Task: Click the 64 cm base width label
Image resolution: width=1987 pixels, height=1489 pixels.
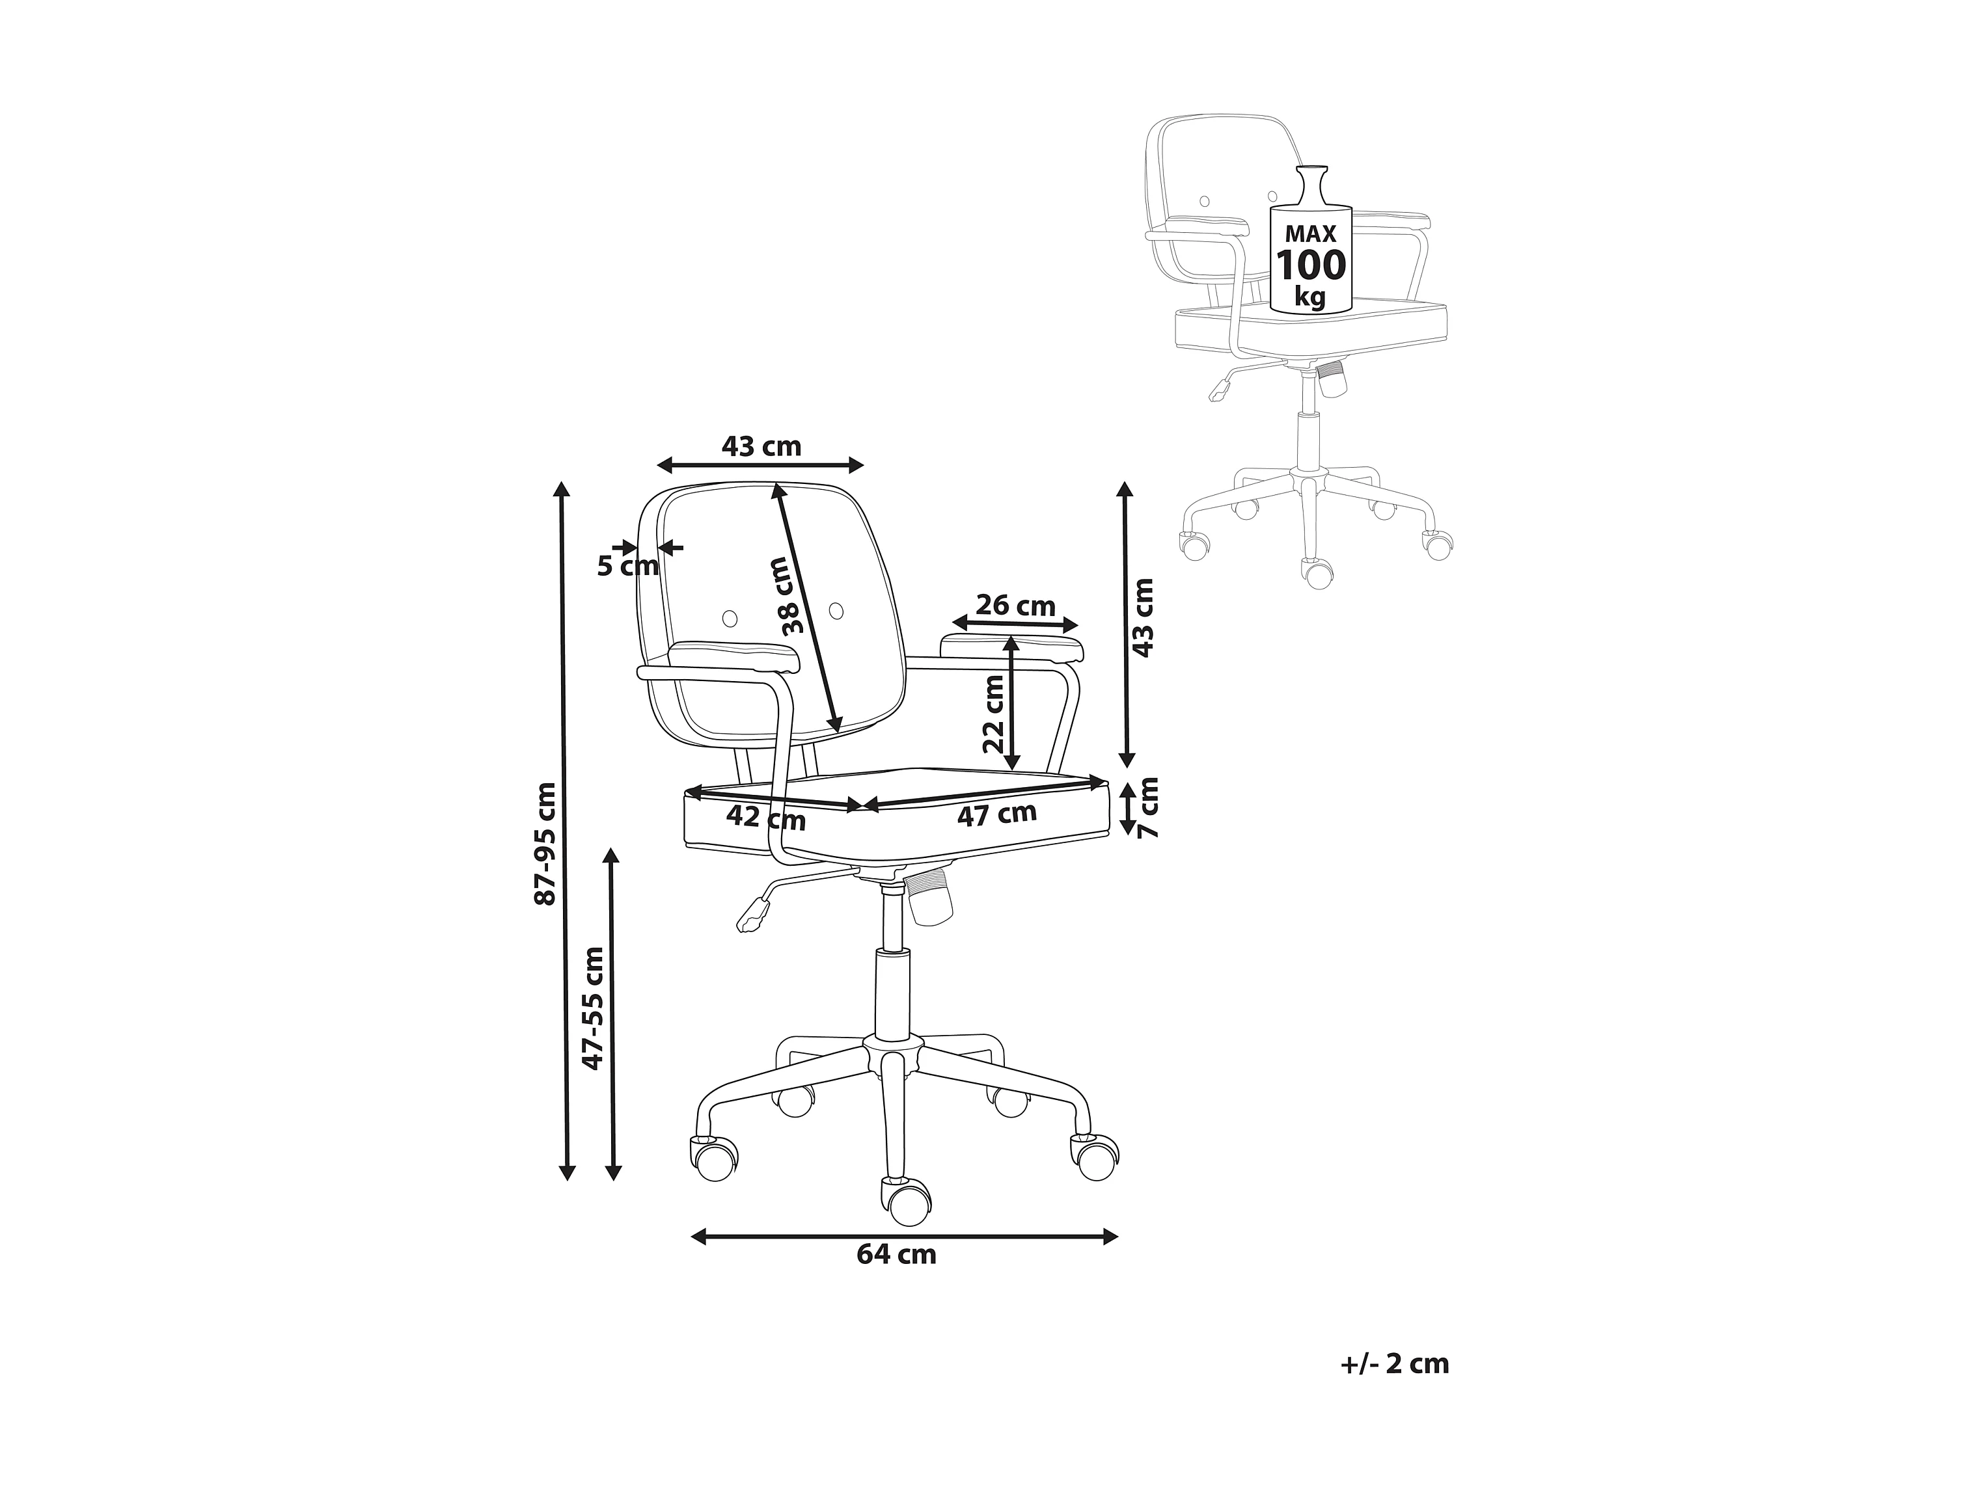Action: (x=896, y=1255)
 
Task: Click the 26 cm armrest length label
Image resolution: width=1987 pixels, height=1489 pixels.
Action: (x=1015, y=606)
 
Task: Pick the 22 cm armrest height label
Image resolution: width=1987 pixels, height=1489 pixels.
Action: (x=993, y=714)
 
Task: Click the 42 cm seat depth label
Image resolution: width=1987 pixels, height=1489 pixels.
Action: (x=765, y=817)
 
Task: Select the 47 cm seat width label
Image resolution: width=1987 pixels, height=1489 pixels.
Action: (x=996, y=814)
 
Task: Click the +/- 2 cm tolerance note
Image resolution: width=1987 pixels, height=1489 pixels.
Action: (x=1394, y=1363)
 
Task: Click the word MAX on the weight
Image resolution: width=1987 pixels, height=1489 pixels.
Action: (x=1311, y=234)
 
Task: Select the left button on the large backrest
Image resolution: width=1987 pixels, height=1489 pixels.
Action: (x=730, y=618)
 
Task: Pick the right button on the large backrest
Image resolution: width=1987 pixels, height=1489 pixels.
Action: (x=836, y=611)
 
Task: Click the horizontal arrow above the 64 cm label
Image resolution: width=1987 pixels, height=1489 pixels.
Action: (x=903, y=1237)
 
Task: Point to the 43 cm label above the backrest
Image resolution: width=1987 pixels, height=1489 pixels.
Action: (x=761, y=446)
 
